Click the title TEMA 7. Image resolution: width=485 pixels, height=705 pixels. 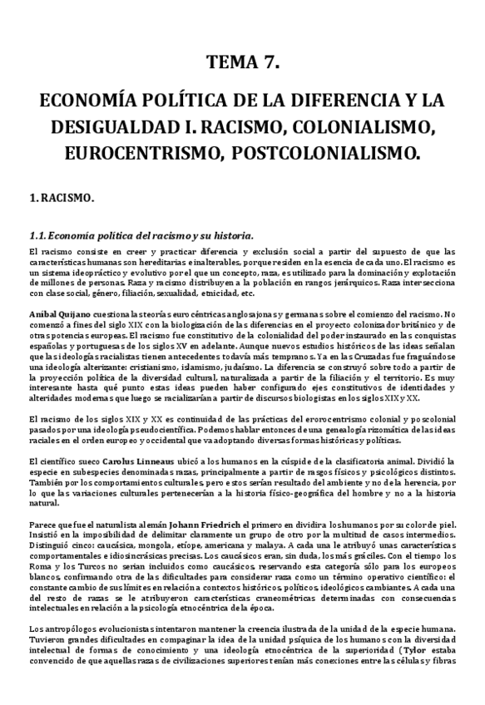coord(243,62)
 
